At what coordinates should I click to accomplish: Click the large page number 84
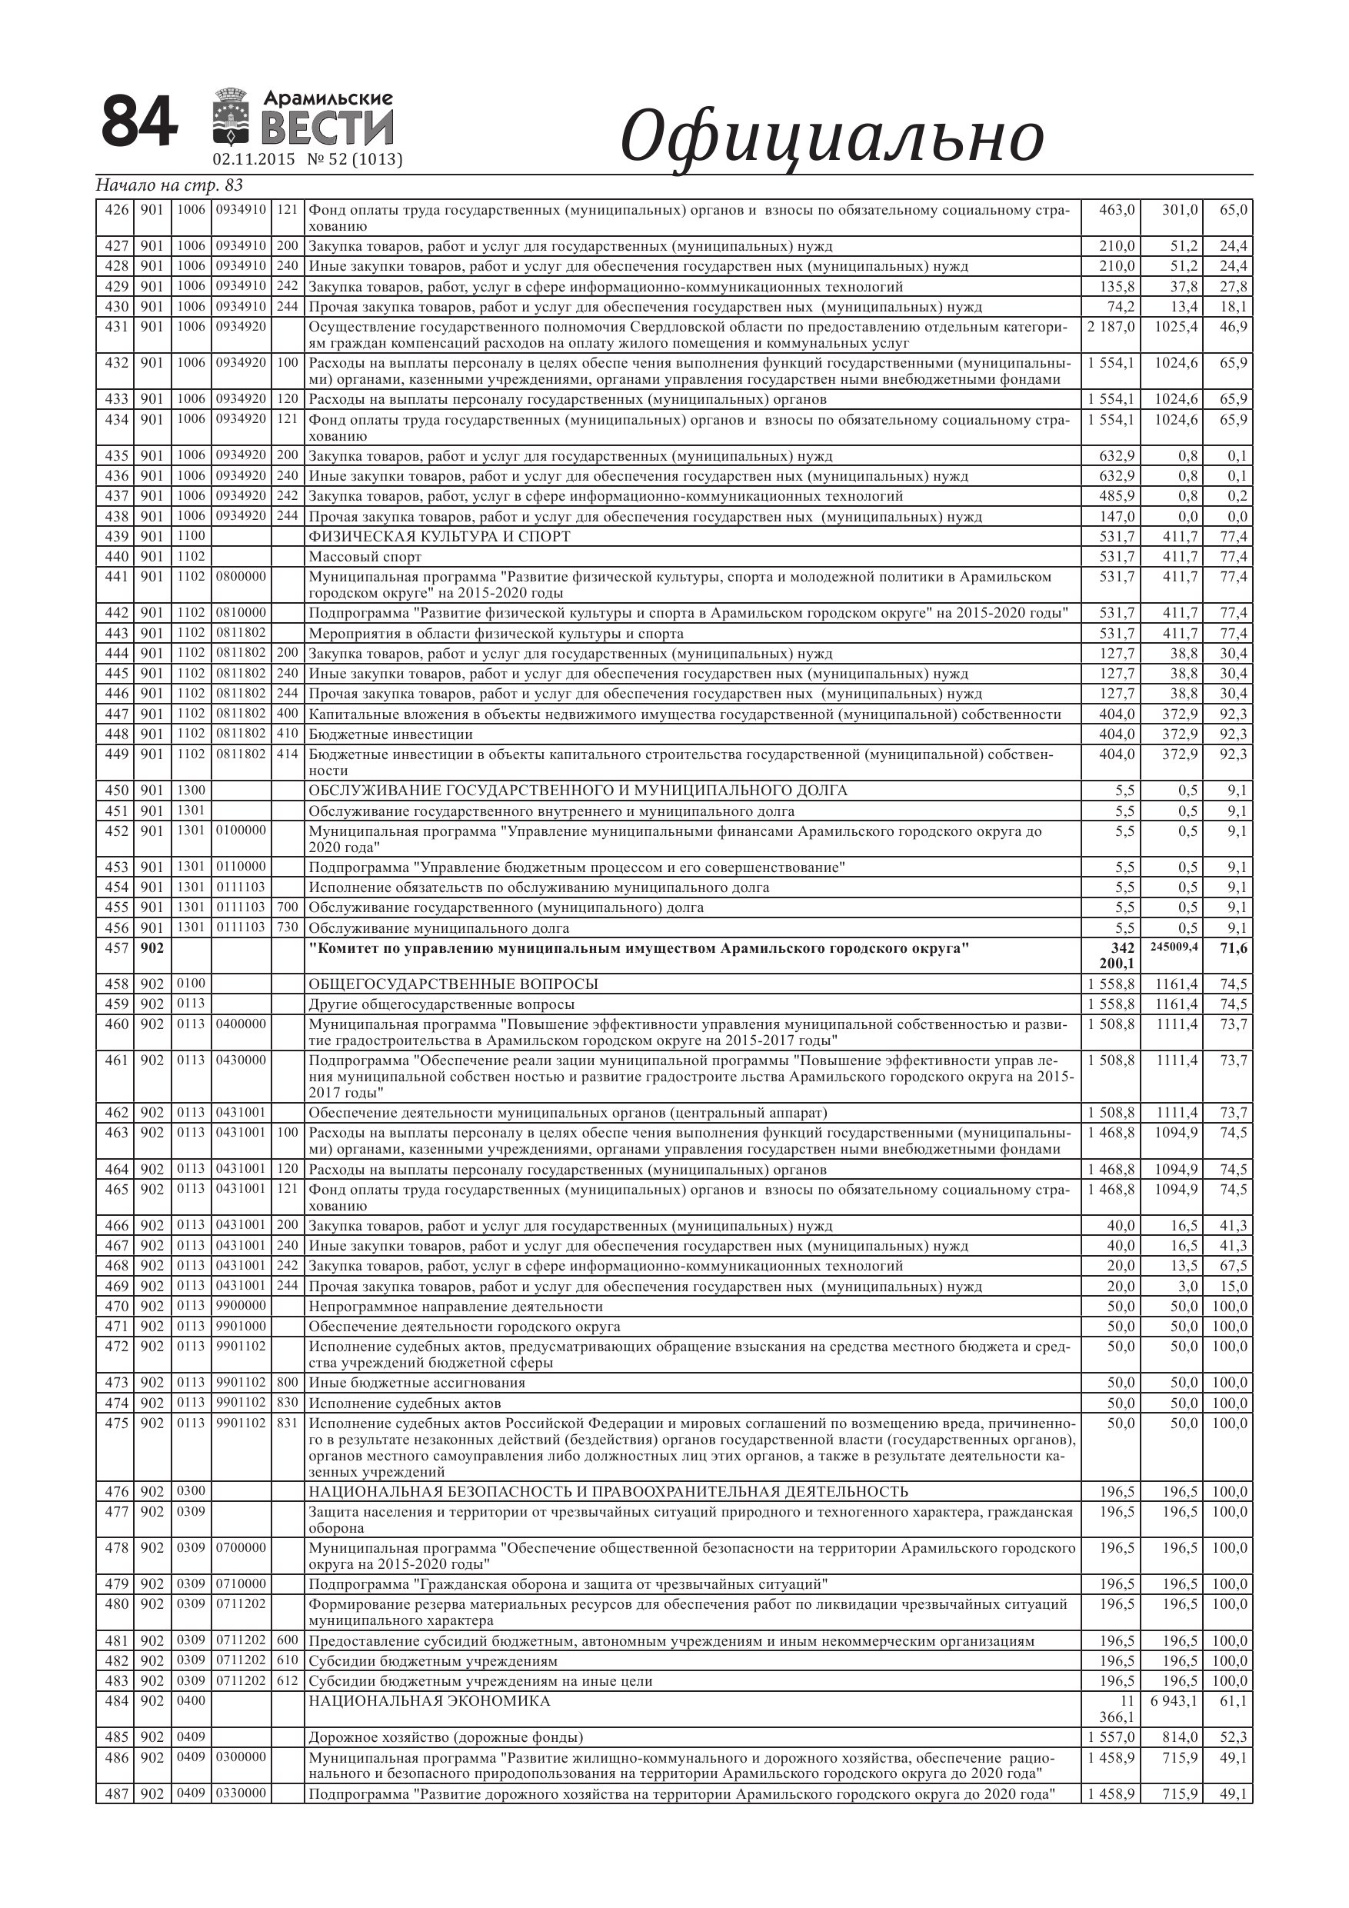click(138, 122)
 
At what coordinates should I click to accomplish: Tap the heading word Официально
click(832, 136)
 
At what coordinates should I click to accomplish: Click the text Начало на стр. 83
click(169, 185)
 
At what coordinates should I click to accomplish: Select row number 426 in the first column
click(115, 209)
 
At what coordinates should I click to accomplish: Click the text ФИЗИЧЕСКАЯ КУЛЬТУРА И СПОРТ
click(440, 537)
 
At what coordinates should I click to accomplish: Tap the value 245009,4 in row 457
click(1174, 947)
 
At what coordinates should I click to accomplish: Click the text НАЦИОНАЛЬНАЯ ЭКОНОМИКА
click(429, 1701)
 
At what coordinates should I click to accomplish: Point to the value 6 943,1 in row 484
click(1174, 1701)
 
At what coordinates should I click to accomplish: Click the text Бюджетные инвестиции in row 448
click(391, 734)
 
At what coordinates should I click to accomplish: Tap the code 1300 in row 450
click(192, 791)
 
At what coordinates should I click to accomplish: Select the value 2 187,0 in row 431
click(1111, 327)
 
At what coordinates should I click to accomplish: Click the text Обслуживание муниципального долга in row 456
click(439, 928)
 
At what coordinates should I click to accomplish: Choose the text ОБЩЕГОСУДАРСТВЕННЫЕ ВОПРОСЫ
click(453, 984)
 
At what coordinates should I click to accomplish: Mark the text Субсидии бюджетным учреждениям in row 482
click(433, 1661)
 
